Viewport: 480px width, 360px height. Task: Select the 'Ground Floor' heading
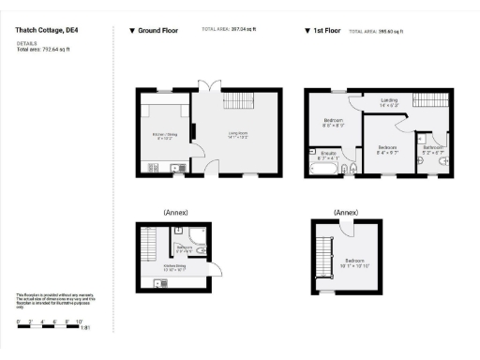click(x=157, y=30)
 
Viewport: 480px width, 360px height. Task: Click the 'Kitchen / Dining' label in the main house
click(x=165, y=136)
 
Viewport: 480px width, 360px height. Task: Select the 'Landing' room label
click(x=387, y=101)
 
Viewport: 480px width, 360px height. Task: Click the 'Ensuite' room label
click(x=329, y=155)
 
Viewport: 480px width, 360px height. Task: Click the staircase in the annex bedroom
click(x=326, y=254)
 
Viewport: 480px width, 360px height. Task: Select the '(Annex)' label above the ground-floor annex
click(x=174, y=212)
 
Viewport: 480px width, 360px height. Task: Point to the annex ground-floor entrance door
click(x=218, y=270)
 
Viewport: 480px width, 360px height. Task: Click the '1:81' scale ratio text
click(x=84, y=328)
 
